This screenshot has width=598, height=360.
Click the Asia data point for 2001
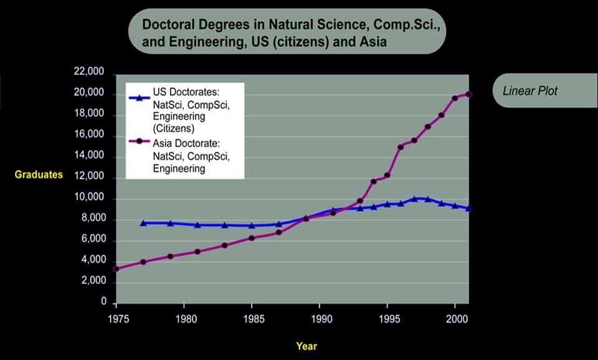click(468, 94)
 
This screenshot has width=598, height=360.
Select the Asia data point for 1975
click(116, 269)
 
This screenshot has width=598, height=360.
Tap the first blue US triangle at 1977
click(143, 223)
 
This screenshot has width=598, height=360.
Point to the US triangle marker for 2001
click(468, 209)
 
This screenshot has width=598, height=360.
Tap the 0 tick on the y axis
click(104, 303)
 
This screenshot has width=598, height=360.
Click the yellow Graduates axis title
click(39, 174)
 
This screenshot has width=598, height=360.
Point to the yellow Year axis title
click(306, 346)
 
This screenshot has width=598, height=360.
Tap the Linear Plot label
click(530, 91)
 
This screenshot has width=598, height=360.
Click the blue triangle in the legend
click(140, 97)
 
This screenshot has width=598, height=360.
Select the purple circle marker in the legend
click(140, 141)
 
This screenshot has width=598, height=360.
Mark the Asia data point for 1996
click(401, 147)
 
